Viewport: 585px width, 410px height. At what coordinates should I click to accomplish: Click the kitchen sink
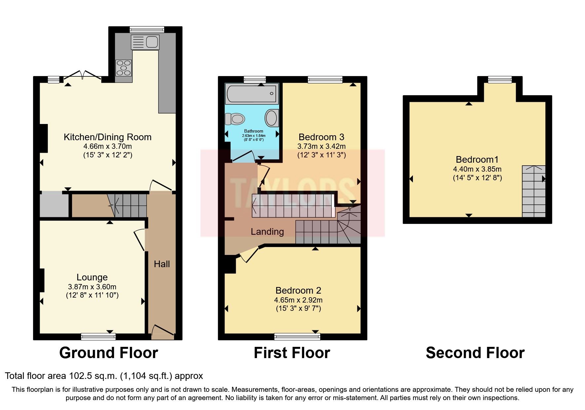pyautogui.click(x=145, y=42)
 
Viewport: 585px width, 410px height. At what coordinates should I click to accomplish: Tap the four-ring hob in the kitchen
pyautogui.click(x=123, y=68)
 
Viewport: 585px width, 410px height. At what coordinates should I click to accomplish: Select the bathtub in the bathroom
pyautogui.click(x=251, y=94)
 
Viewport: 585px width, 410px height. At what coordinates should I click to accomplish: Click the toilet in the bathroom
pyautogui.click(x=235, y=119)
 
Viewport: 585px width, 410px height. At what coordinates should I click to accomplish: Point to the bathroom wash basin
pyautogui.click(x=272, y=118)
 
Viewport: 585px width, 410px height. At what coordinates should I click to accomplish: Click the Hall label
pyautogui.click(x=162, y=264)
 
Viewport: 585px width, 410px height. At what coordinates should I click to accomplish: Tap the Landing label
pyautogui.click(x=267, y=231)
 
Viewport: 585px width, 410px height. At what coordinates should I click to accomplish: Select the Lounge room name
pyautogui.click(x=92, y=277)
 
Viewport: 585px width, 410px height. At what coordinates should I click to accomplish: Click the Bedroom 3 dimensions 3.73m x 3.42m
pyautogui.click(x=321, y=146)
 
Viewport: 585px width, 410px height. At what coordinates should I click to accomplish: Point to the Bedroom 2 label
pyautogui.click(x=298, y=290)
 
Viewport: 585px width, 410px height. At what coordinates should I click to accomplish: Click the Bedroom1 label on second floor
pyautogui.click(x=477, y=159)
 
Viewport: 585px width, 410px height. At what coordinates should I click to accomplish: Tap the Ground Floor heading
pyautogui.click(x=108, y=353)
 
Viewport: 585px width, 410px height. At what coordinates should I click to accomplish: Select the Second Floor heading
pyautogui.click(x=475, y=353)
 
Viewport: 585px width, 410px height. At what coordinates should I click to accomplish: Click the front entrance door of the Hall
pyautogui.click(x=162, y=332)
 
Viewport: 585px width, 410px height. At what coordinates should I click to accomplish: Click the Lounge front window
pyautogui.click(x=98, y=337)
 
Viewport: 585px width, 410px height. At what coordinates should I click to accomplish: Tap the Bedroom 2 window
pyautogui.click(x=297, y=337)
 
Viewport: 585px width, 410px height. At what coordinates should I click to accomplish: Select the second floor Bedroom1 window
pyautogui.click(x=499, y=79)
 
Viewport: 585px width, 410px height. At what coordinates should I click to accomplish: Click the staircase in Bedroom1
pyautogui.click(x=533, y=192)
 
